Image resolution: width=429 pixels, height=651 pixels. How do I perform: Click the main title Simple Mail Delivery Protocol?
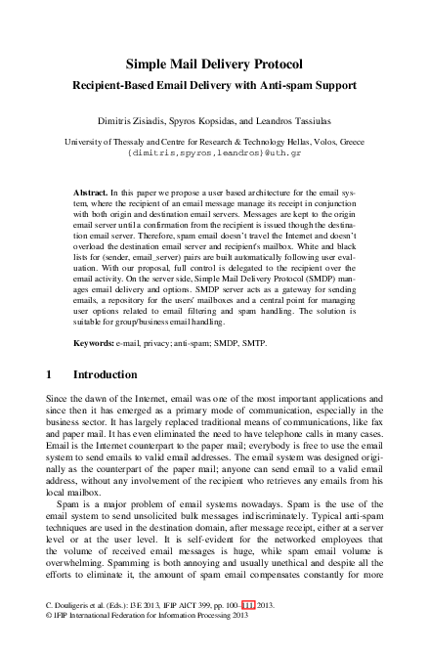click(214, 65)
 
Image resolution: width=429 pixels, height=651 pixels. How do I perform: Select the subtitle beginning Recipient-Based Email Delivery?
click(214, 85)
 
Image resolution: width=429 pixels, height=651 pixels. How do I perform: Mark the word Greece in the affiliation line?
click(347, 141)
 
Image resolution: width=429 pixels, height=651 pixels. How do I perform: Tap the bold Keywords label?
click(95, 343)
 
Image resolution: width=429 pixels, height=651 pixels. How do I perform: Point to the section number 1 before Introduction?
click(50, 374)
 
